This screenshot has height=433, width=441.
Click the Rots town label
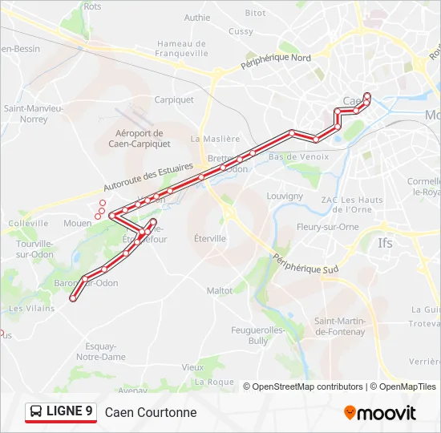[92, 6]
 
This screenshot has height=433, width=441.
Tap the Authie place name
[196, 18]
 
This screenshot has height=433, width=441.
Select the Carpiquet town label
[174, 100]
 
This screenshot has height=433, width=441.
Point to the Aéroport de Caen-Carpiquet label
[138, 139]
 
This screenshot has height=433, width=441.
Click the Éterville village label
[210, 238]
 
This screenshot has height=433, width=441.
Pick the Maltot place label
[219, 291]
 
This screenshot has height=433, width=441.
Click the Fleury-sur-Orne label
[327, 227]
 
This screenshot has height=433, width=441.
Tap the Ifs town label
[386, 241]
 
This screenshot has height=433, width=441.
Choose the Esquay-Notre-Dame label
[101, 351]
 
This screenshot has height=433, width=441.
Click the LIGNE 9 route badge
[61, 412]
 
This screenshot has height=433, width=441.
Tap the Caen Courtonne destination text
[151, 413]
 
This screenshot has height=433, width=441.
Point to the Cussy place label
[240, 31]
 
